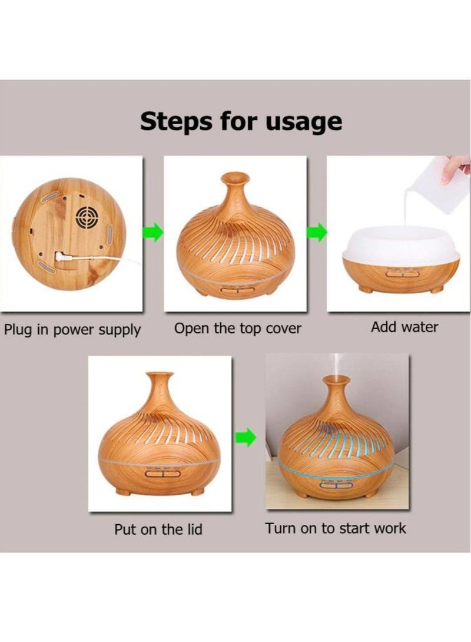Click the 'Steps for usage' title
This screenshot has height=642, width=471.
[x=241, y=121]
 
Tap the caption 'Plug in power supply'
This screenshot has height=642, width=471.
[x=72, y=330]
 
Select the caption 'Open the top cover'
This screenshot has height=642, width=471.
[x=238, y=329]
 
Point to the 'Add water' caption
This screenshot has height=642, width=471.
[x=404, y=327]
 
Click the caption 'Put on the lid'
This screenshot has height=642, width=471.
[x=158, y=529]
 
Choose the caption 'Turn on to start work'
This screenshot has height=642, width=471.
[x=336, y=528]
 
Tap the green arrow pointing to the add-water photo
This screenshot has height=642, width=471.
[x=317, y=233]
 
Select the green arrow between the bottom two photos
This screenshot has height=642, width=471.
[x=246, y=438]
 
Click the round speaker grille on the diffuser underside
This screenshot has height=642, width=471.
[x=87, y=217]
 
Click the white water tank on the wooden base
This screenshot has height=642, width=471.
[x=401, y=244]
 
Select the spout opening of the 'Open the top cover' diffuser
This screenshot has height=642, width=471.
[x=235, y=177]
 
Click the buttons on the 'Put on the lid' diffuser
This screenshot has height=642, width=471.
[x=162, y=474]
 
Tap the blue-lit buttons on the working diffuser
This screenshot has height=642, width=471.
[x=336, y=485]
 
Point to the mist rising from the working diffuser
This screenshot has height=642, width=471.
[x=336, y=365]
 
